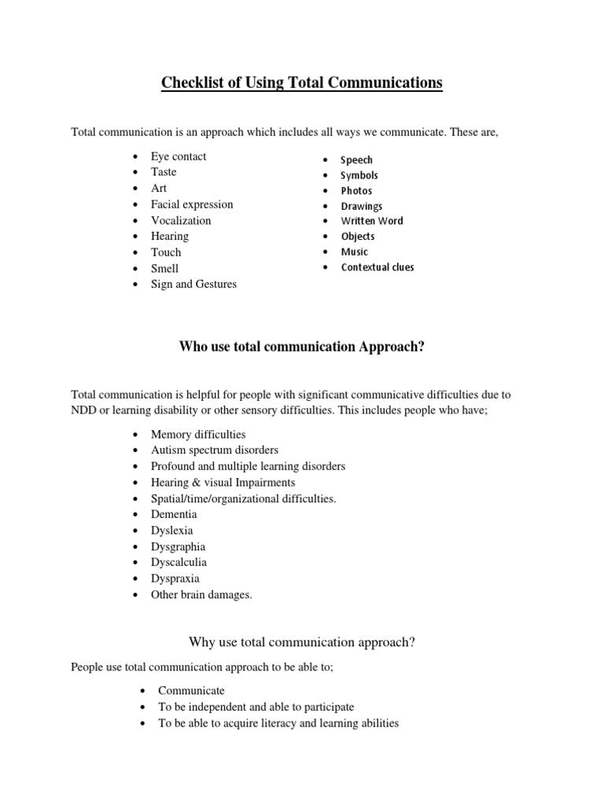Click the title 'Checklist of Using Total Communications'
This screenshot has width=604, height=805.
coord(302,83)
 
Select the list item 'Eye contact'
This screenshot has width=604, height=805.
coord(179,156)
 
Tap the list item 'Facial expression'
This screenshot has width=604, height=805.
coord(192,204)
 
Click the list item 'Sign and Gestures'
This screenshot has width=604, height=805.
coord(193,285)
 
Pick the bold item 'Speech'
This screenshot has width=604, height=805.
coord(356,160)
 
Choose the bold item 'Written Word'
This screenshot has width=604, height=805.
coord(371,222)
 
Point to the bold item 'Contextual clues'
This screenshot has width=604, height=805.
coord(377,267)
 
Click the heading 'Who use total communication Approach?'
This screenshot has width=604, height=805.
coord(302,347)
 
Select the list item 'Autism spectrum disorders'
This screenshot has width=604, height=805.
coord(215,450)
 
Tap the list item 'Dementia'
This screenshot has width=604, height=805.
coord(174,515)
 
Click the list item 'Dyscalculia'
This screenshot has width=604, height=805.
coord(179,563)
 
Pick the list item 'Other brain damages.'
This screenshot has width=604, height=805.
coord(201,595)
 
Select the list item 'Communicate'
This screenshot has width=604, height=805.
coord(191,691)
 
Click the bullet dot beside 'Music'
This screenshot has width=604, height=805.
coord(325,252)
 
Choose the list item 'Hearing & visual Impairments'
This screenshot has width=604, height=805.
coord(223,483)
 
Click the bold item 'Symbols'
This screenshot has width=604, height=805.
coord(359,176)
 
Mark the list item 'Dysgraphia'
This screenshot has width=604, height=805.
coord(179,547)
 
